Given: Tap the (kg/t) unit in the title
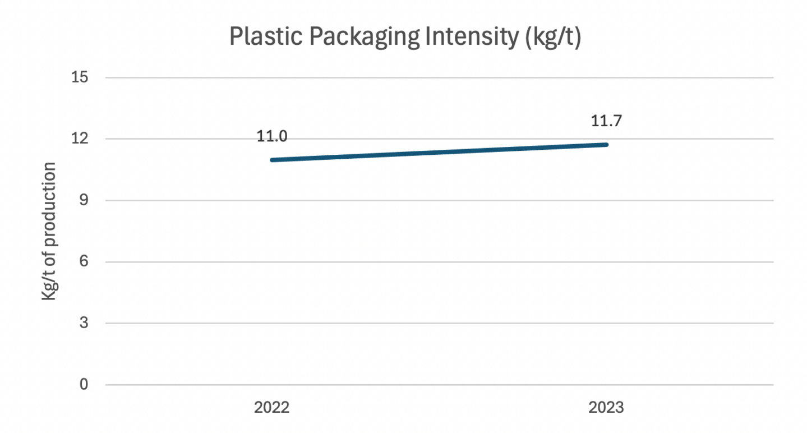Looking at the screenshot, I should tap(554, 38).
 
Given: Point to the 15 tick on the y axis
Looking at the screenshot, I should tap(81, 77).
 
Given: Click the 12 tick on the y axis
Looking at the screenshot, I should tap(81, 139).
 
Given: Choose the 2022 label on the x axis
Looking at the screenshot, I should tap(271, 408).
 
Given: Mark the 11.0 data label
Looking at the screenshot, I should tap(272, 136).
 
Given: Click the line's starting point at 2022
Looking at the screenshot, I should tap(272, 160).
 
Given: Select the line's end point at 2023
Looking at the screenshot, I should tap(606, 144).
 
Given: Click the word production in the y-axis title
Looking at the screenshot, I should tap(50, 204).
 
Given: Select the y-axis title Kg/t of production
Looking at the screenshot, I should tap(50, 231).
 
